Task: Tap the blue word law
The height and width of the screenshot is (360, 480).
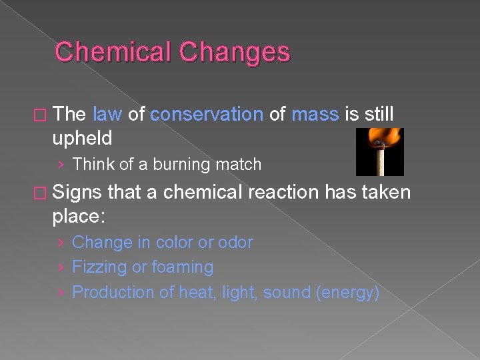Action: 107,115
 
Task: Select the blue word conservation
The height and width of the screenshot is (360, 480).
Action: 207,115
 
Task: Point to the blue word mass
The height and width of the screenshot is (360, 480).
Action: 315,115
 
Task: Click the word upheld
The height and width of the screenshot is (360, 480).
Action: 82,139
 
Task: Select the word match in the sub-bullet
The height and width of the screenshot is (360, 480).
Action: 239,164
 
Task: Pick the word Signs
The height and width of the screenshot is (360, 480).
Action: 77,193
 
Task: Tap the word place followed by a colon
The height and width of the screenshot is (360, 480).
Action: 80,217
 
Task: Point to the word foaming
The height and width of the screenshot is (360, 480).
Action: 183,267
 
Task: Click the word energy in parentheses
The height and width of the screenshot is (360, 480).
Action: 347,292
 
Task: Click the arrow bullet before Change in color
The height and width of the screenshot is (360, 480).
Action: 61,243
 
